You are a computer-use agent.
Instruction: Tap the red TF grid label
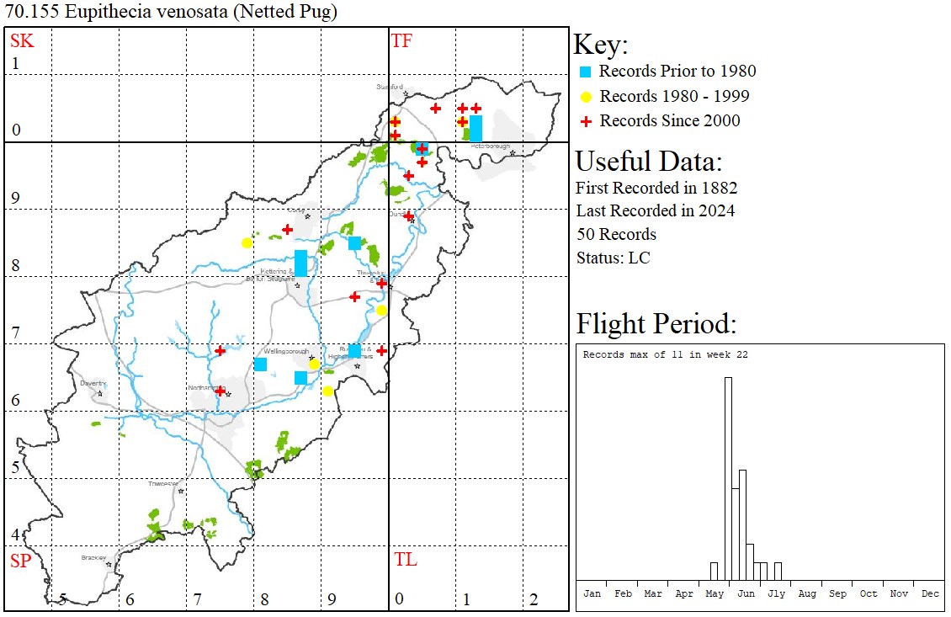(x=401, y=40)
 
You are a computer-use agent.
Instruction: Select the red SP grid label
(x=20, y=561)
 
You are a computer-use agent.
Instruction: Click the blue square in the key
(x=586, y=72)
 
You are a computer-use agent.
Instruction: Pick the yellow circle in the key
(x=586, y=96)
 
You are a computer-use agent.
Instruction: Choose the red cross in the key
(x=586, y=121)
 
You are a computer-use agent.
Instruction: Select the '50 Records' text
(x=616, y=234)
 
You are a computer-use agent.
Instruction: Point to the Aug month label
(x=807, y=593)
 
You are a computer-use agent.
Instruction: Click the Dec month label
(x=930, y=593)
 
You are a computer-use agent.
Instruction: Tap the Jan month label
(x=592, y=593)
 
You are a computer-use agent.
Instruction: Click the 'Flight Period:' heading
(x=656, y=323)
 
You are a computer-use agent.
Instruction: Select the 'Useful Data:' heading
(x=649, y=161)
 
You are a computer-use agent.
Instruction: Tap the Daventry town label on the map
(x=92, y=383)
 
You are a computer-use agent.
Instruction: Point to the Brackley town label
(x=93, y=557)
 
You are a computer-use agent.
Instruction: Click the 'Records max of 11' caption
(x=665, y=354)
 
